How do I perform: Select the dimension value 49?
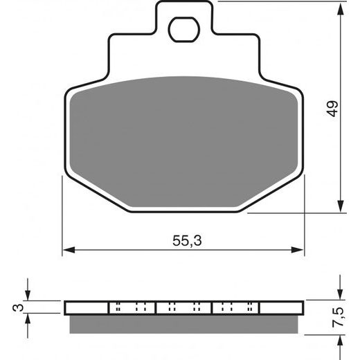tap(333, 109)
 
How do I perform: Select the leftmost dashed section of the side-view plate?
tap(132, 307)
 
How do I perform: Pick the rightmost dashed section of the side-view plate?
tap(235, 307)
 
